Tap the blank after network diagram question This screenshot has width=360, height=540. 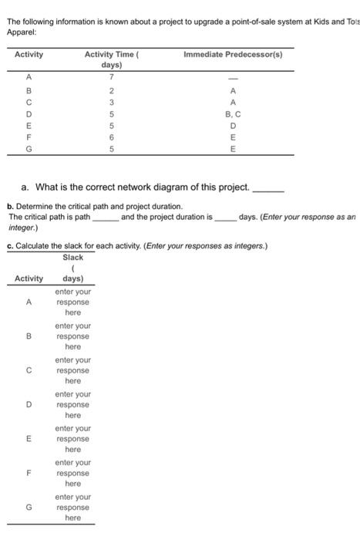[x=270, y=188]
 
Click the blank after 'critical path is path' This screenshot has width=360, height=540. [x=105, y=218]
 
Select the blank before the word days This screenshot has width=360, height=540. [x=226, y=218]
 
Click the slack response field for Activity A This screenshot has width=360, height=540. [x=72, y=302]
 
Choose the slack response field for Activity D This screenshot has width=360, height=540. [x=72, y=404]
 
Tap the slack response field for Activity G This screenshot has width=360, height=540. [x=72, y=507]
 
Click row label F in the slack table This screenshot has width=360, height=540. [x=29, y=473]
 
